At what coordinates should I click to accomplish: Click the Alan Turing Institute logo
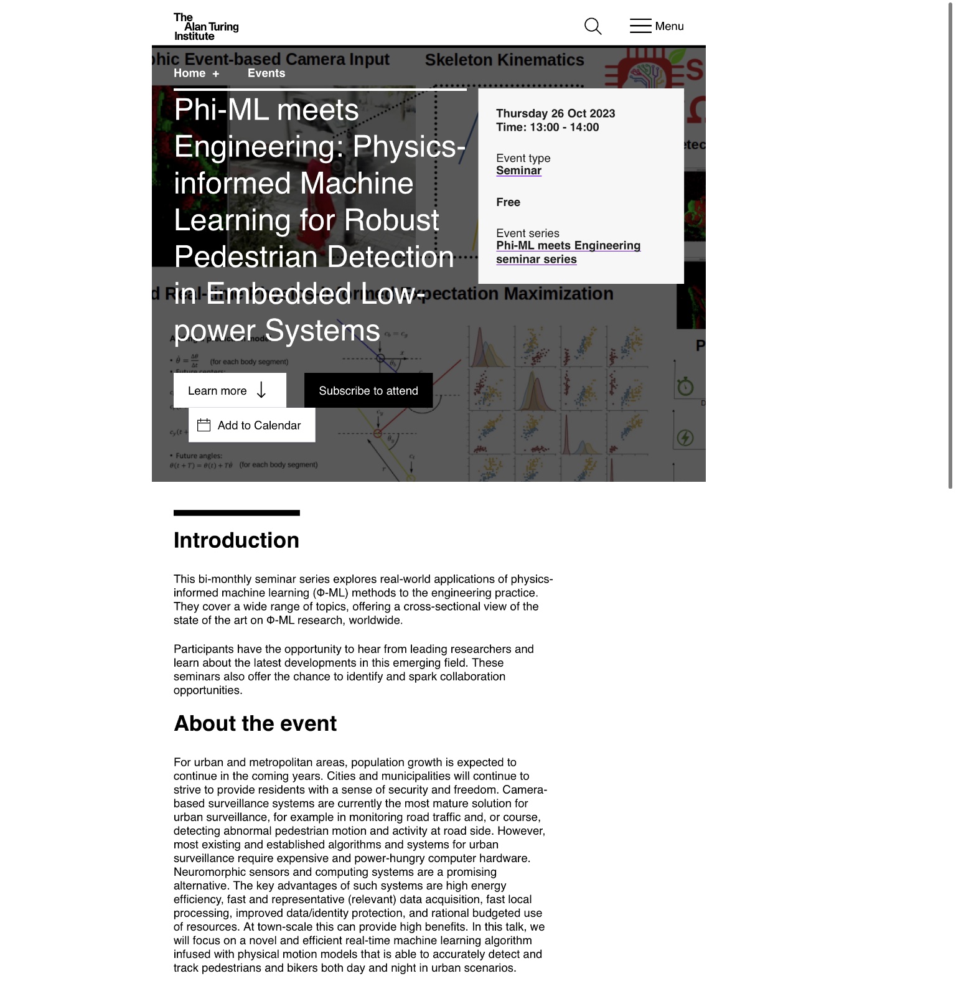click(206, 27)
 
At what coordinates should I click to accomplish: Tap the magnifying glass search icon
click(593, 26)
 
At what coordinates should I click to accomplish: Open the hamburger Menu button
click(656, 26)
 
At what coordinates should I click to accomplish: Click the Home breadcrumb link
click(189, 73)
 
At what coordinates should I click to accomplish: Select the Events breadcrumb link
click(266, 73)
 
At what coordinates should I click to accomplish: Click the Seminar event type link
click(518, 171)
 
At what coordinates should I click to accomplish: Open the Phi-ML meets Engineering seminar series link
click(568, 252)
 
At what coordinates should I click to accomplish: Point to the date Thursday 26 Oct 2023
click(555, 113)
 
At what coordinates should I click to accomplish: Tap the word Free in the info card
click(508, 202)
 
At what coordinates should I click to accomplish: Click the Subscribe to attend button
click(368, 391)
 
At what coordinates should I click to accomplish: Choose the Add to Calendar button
click(258, 425)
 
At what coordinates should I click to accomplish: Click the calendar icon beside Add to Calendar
click(204, 425)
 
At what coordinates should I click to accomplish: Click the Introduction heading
click(236, 540)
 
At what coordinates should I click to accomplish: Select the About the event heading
click(255, 723)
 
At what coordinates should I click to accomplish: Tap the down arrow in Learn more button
click(261, 390)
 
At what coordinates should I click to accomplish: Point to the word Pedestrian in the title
click(247, 257)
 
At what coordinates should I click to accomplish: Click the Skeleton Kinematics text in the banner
click(504, 60)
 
